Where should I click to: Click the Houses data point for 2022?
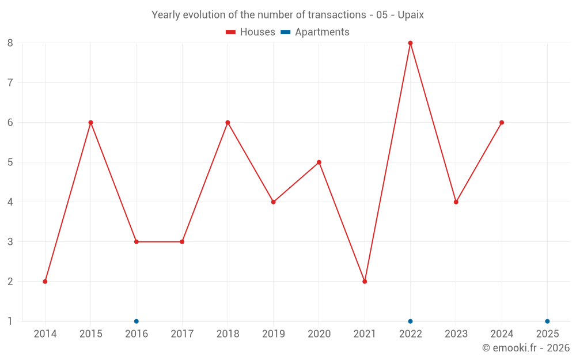click(x=410, y=43)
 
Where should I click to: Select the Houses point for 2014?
click(x=45, y=281)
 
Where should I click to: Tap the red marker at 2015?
click(x=90, y=122)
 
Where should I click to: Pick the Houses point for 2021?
click(x=365, y=281)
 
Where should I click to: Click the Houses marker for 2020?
click(x=319, y=162)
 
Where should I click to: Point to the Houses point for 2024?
click(x=502, y=122)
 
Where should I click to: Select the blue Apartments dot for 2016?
click(x=137, y=321)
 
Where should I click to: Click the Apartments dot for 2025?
click(x=547, y=321)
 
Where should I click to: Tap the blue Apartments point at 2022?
click(x=410, y=321)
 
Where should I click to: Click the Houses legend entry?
click(x=251, y=32)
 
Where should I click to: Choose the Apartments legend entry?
click(x=315, y=32)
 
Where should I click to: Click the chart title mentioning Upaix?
click(x=287, y=15)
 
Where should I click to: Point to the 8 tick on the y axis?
click(x=10, y=43)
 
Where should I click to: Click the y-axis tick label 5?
click(x=10, y=162)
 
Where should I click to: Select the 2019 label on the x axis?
click(x=273, y=334)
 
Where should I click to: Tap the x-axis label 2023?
click(x=456, y=334)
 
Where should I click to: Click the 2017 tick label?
click(x=182, y=334)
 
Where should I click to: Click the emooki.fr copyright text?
click(x=525, y=348)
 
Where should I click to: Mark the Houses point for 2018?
click(x=228, y=122)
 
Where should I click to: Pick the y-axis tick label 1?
click(x=10, y=321)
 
